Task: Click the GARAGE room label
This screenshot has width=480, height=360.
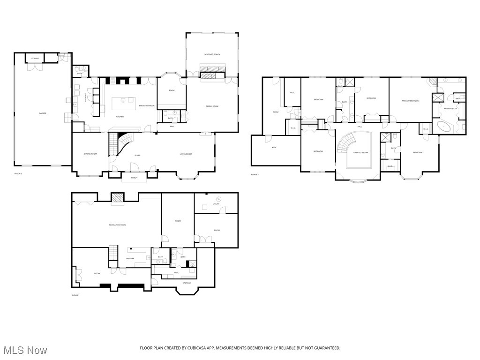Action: click(42, 113)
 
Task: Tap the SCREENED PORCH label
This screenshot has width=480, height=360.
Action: click(212, 54)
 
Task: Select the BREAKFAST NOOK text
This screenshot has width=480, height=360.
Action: click(147, 106)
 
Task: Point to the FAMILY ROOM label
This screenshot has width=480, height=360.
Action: click(212, 106)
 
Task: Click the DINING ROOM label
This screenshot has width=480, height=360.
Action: click(90, 154)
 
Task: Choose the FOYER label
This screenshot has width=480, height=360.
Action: click(137, 155)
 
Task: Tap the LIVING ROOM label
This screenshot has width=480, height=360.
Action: click(187, 154)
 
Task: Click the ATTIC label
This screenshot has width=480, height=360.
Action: click(274, 148)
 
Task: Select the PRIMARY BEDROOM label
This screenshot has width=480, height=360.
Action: click(410, 101)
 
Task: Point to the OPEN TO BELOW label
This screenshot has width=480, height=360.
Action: click(360, 153)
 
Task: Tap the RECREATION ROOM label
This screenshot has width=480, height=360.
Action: click(117, 225)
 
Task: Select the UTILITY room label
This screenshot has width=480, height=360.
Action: click(216, 204)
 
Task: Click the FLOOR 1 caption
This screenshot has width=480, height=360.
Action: click(75, 295)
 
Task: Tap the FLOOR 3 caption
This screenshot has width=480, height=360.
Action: click(255, 174)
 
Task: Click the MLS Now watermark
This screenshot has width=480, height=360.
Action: click(25, 350)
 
